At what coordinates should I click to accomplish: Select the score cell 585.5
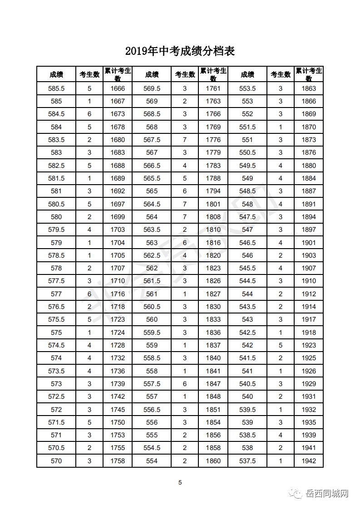56,88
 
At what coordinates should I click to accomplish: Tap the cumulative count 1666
118,88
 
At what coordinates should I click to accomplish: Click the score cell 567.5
152,140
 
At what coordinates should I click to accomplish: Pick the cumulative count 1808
213,217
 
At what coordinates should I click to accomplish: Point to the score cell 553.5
247,88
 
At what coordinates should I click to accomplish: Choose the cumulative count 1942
309,461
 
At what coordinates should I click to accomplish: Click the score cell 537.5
247,461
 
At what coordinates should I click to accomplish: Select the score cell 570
56,461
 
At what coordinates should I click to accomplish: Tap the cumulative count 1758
118,461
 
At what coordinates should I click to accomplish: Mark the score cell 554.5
152,448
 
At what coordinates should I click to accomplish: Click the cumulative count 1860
213,461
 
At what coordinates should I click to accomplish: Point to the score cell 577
56,294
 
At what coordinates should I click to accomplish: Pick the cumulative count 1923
309,345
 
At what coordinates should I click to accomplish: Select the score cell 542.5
247,333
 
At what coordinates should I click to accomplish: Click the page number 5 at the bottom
180,482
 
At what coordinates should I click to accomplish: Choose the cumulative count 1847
213,384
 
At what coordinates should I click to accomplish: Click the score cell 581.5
56,178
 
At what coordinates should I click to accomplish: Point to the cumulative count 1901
309,243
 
